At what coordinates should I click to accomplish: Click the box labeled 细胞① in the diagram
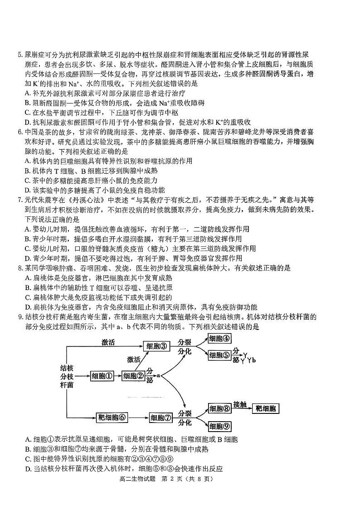(x=102, y=376)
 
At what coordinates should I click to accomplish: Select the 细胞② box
(x=133, y=376)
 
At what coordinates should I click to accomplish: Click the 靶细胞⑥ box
(x=112, y=417)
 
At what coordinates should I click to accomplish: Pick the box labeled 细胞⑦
(x=161, y=418)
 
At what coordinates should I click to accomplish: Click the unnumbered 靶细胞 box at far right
(x=265, y=408)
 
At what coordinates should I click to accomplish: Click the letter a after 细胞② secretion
(x=159, y=375)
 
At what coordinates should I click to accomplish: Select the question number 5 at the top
(x=20, y=56)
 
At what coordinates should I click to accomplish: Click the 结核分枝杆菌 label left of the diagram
(x=67, y=376)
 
